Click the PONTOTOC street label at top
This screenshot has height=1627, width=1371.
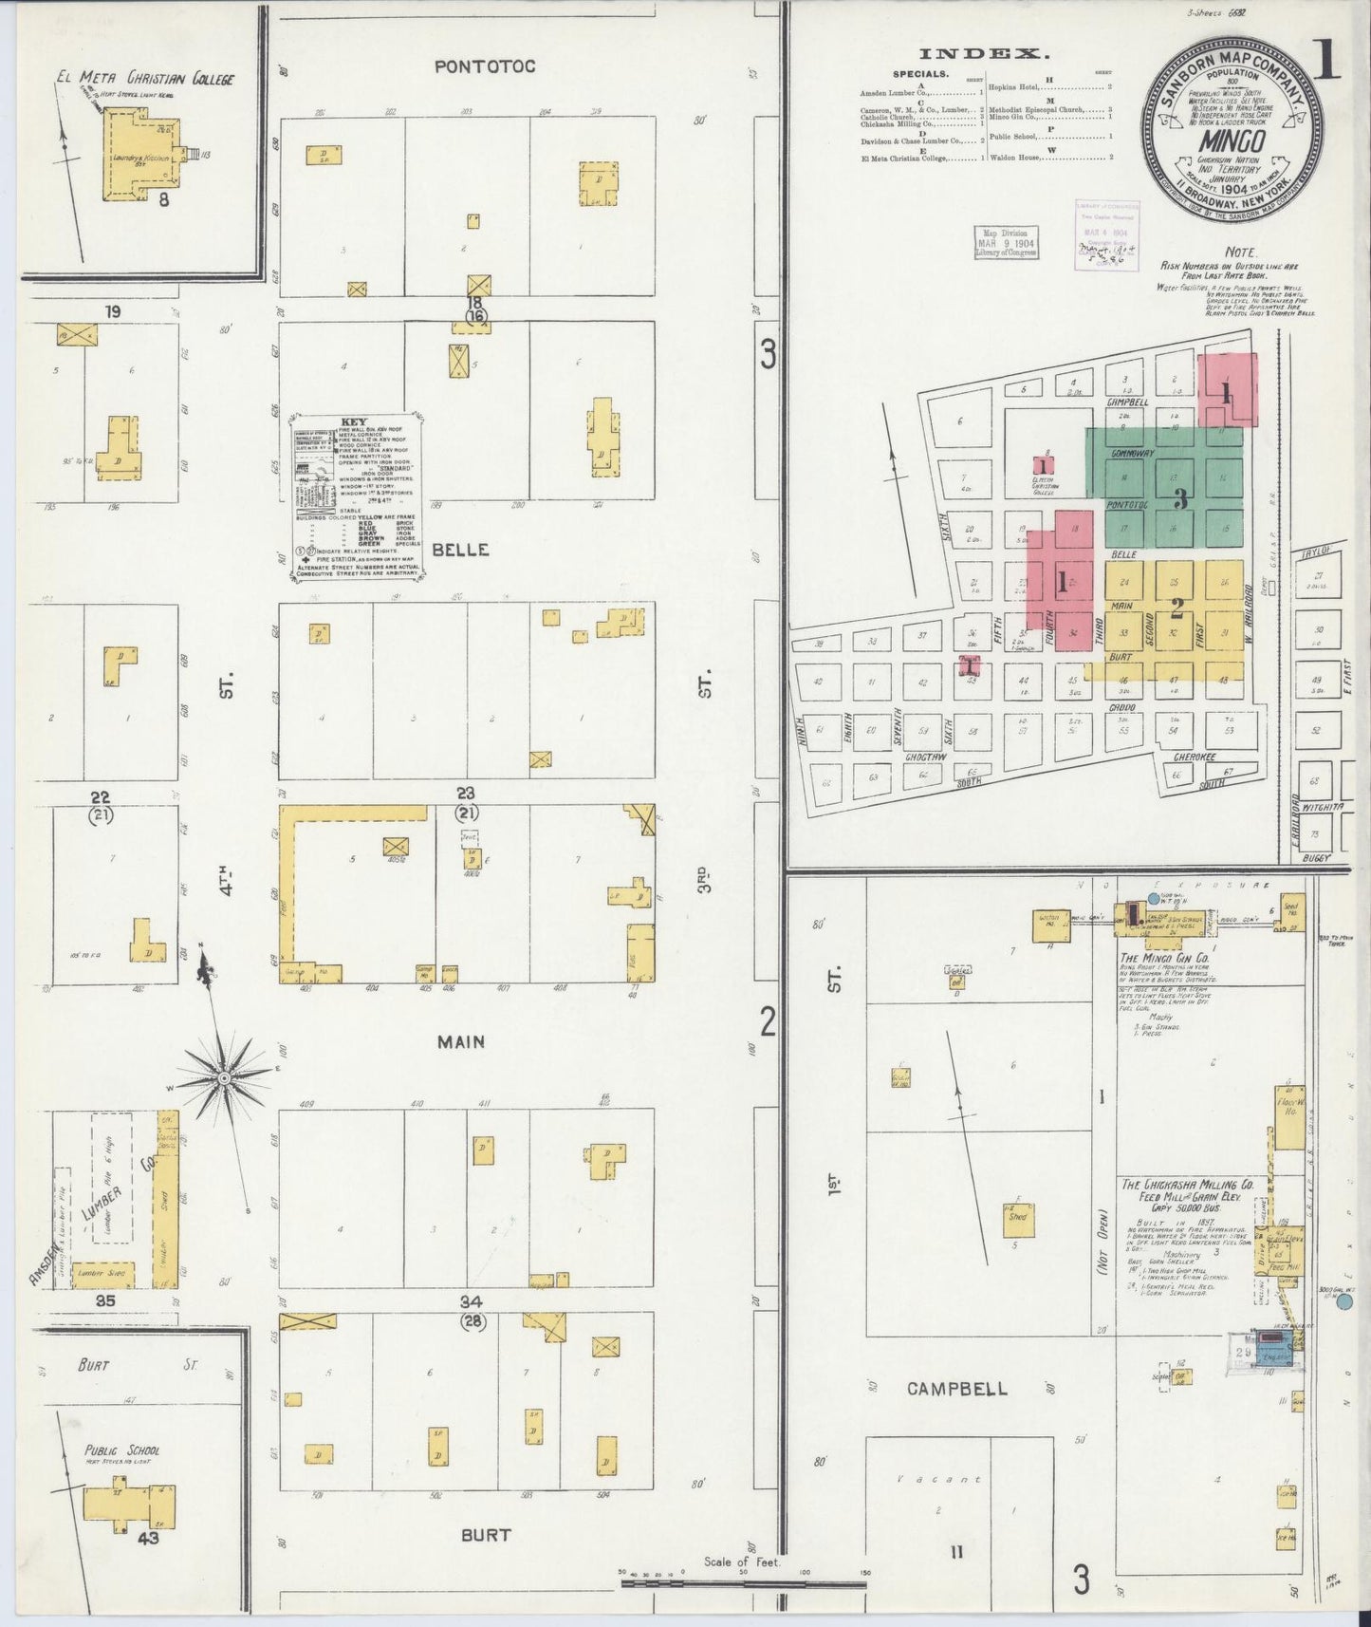(485, 66)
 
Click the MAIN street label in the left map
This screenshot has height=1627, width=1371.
(461, 1042)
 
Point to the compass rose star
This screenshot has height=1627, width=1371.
(224, 1078)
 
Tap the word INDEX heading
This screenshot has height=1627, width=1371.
(986, 54)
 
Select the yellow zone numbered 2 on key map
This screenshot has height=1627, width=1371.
(1176, 604)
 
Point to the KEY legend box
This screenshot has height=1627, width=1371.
(357, 495)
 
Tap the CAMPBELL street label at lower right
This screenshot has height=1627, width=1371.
(956, 1389)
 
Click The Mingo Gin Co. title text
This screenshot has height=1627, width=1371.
(1168, 958)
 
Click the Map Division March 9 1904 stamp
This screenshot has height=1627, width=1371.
(1005, 243)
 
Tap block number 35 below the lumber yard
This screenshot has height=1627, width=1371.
(104, 1300)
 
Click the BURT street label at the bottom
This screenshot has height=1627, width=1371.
(486, 1535)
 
